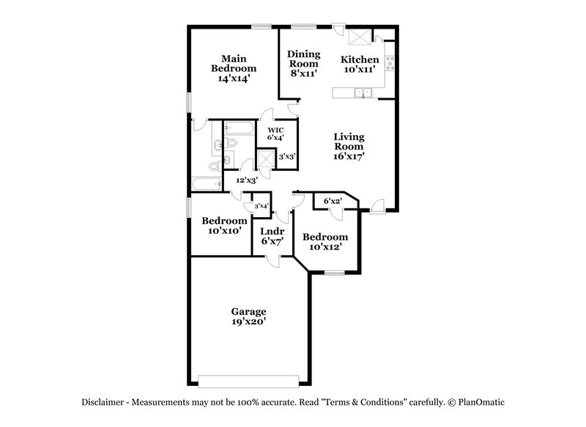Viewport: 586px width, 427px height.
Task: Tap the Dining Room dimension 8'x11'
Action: click(x=303, y=73)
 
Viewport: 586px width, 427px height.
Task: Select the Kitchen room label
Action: click(x=360, y=59)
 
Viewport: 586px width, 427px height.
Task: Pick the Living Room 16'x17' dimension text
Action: click(x=349, y=156)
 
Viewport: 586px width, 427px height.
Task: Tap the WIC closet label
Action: click(x=275, y=129)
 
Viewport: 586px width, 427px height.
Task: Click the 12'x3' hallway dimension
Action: click(x=246, y=180)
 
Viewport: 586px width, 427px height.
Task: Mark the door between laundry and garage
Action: click(x=272, y=258)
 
